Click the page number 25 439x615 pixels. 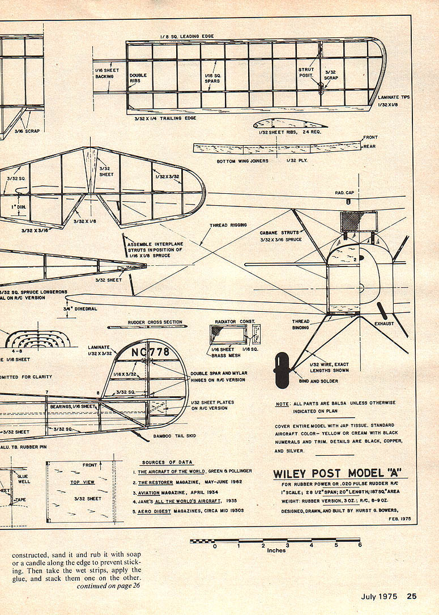[x=411, y=596]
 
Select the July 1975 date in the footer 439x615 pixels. [x=380, y=596]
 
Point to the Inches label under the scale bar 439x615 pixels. [x=276, y=550]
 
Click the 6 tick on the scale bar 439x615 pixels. [x=359, y=545]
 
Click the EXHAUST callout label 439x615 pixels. [x=384, y=324]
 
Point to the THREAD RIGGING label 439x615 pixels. [x=228, y=225]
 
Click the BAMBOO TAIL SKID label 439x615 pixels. [x=175, y=437]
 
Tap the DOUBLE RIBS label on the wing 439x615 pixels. [x=138, y=78]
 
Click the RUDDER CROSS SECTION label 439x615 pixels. [x=155, y=322]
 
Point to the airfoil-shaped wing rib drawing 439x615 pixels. [x=281, y=125]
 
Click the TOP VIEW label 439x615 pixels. [x=82, y=482]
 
